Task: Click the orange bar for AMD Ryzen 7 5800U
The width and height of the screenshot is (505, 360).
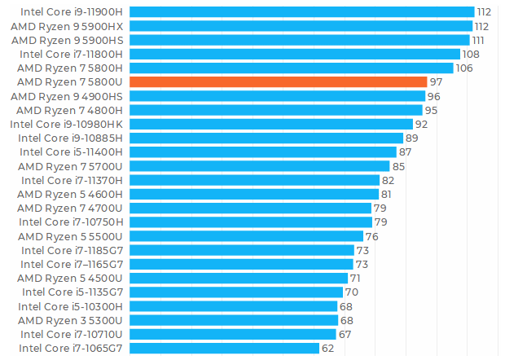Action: [278, 82]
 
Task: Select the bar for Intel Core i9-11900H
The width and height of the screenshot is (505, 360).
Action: [301, 12]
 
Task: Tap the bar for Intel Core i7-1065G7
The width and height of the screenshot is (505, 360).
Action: [224, 348]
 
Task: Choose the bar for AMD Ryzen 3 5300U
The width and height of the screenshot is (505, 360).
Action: [233, 320]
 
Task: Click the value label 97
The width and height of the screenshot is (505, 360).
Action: [436, 82]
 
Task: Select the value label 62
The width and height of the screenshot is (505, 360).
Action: [327, 348]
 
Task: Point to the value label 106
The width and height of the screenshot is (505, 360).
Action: [463, 68]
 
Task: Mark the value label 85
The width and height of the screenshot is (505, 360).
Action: [398, 166]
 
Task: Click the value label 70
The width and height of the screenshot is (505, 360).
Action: [352, 292]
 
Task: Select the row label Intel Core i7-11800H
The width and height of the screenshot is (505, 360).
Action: [71, 54]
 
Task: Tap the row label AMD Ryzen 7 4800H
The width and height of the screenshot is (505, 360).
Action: [69, 110]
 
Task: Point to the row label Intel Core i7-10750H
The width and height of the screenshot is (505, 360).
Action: [71, 222]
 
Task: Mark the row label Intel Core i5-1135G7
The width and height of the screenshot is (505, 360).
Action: [72, 292]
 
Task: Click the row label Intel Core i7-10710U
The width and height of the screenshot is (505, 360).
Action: [72, 334]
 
